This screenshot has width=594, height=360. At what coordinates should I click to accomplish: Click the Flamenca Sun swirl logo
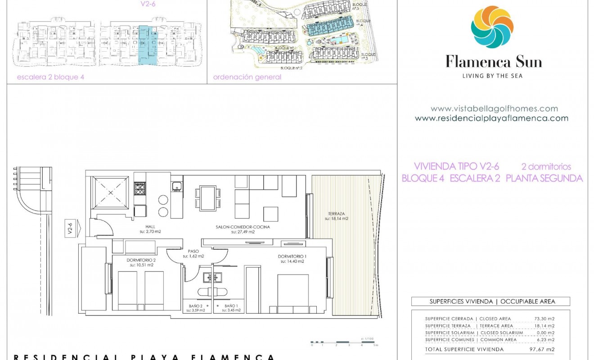point(492,27)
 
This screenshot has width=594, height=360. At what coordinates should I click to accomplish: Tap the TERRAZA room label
point(336,214)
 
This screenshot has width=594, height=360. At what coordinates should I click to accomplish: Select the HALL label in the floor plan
point(151,227)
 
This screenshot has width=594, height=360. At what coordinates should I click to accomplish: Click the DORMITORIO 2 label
point(141,260)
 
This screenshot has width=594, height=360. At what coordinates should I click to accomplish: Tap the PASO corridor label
point(193,252)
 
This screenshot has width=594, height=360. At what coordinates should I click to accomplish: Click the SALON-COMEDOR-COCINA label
point(243,227)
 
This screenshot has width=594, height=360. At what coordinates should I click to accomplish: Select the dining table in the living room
point(208,198)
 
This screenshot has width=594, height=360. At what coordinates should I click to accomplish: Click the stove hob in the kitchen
point(139,188)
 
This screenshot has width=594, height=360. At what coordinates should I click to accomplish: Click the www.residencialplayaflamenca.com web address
point(491,118)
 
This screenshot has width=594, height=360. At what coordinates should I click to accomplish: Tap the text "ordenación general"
point(247,77)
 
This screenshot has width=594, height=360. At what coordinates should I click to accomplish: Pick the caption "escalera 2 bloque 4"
point(50,77)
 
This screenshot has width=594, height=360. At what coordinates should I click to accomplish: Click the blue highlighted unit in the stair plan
point(148,45)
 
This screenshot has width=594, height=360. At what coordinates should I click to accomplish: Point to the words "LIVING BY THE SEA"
point(492,76)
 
